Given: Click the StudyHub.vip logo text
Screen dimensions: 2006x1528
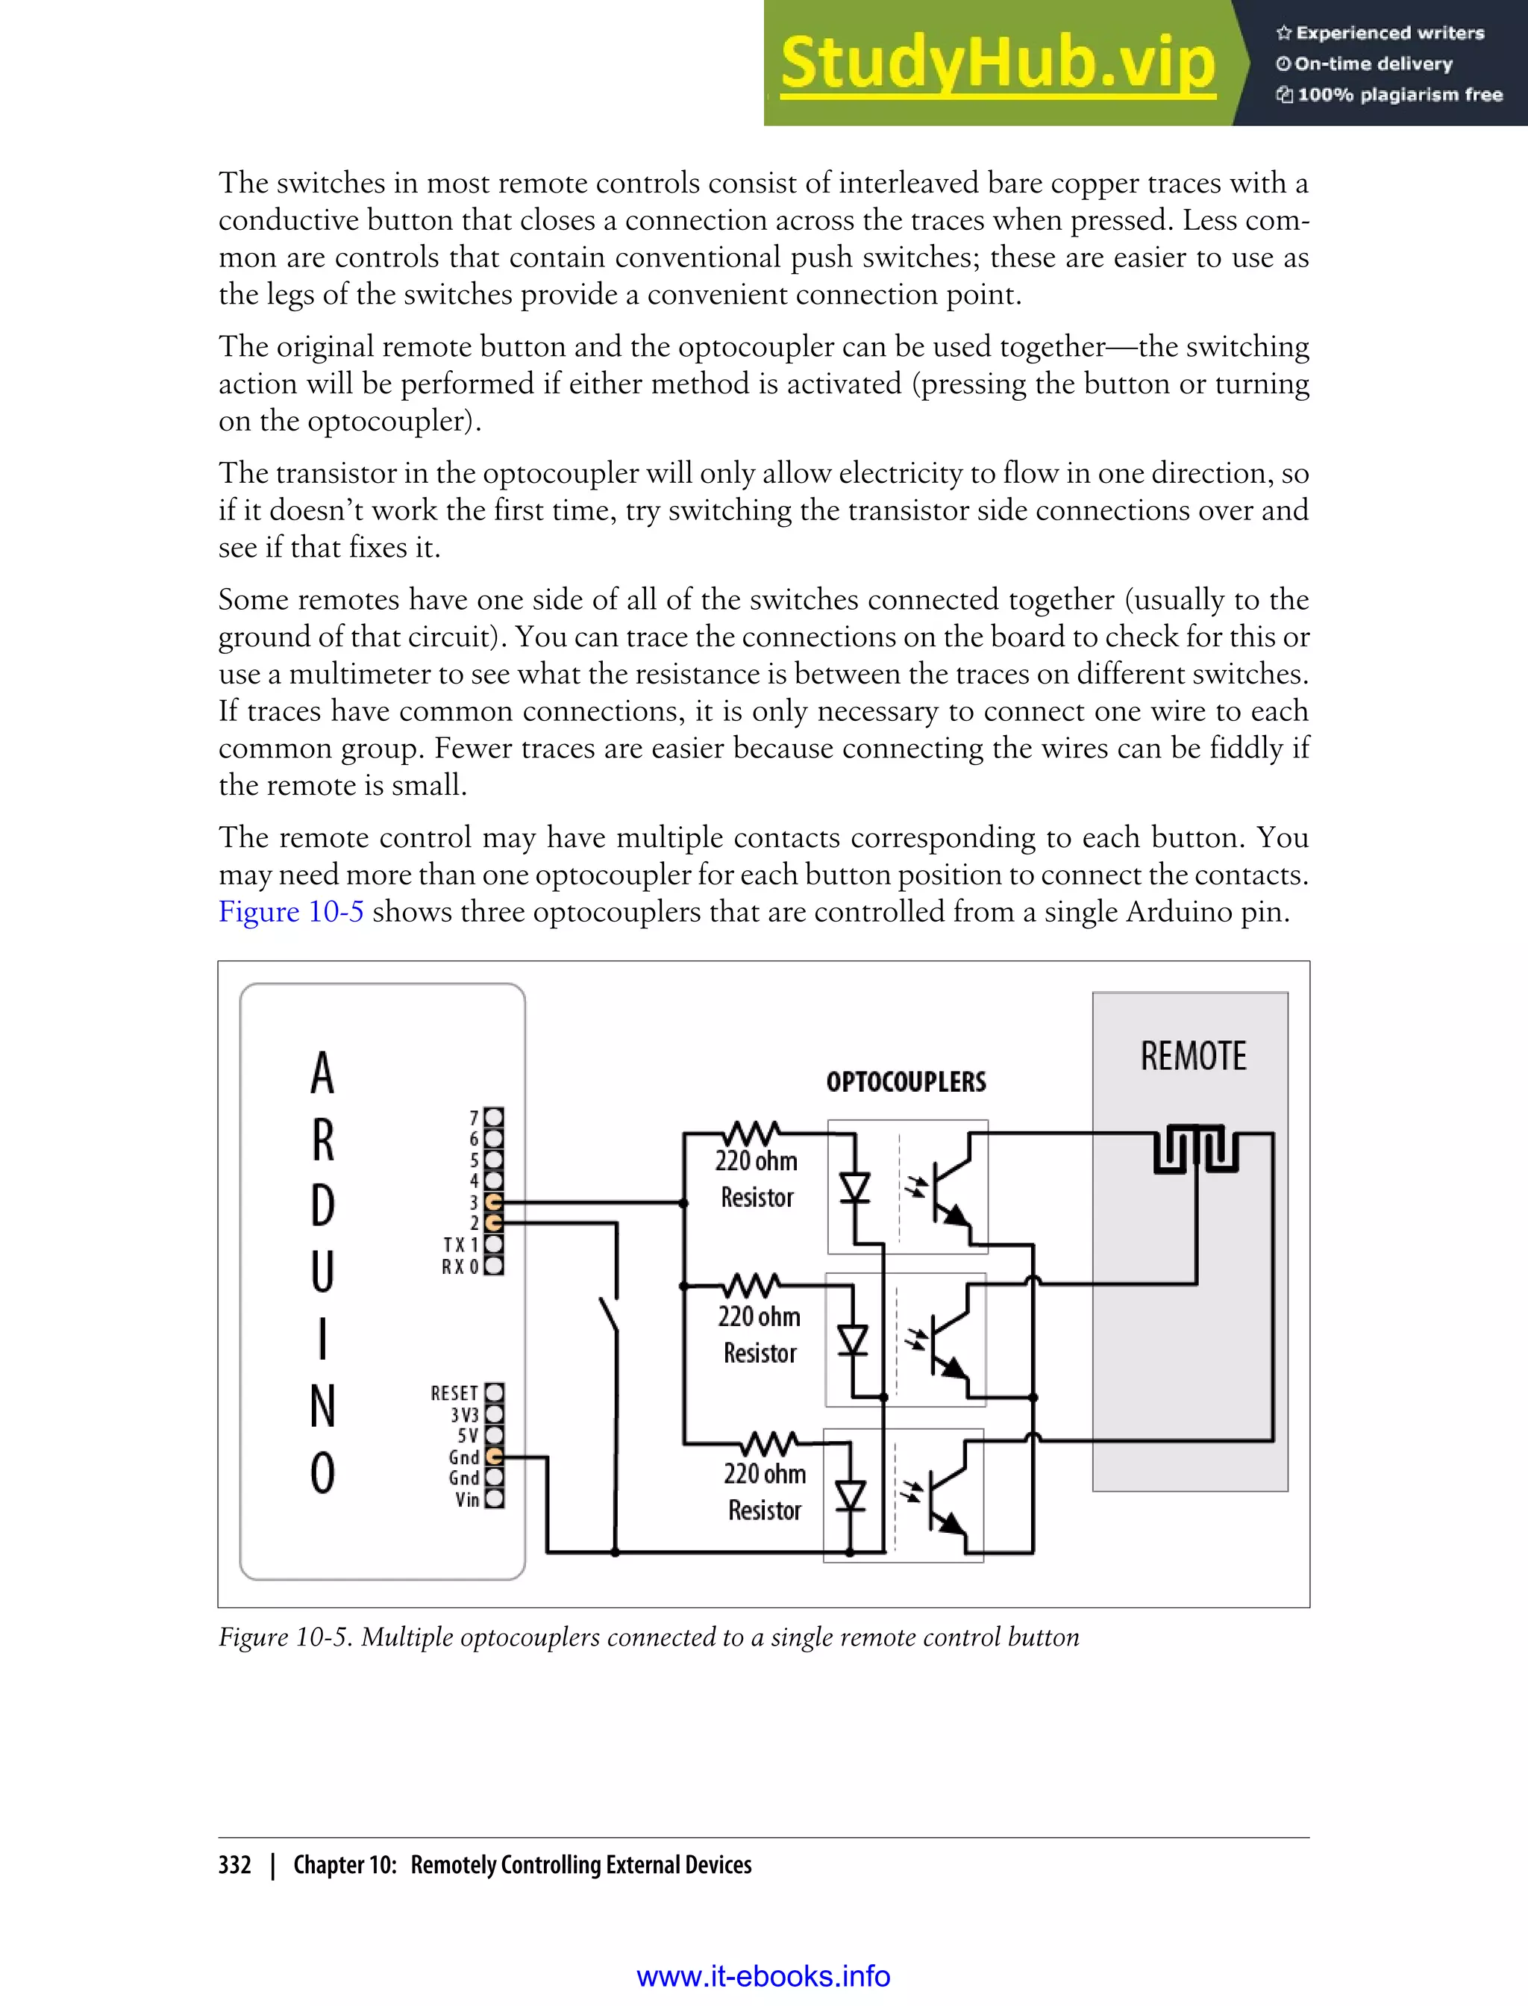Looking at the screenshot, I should [x=998, y=63].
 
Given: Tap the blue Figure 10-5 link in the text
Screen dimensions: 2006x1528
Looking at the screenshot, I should [x=291, y=911].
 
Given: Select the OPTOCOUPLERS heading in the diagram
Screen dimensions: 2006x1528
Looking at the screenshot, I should [x=906, y=1081].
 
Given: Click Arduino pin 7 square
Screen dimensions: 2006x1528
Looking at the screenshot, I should [x=494, y=1117].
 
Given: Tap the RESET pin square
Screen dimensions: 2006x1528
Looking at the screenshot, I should [x=494, y=1393].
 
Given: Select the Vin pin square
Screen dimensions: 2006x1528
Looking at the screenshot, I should [x=494, y=1499].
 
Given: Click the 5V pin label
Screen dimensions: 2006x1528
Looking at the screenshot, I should [x=468, y=1436].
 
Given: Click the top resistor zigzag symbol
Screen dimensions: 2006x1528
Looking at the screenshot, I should [x=751, y=1134].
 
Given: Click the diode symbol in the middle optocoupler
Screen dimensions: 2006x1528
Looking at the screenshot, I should [x=852, y=1341].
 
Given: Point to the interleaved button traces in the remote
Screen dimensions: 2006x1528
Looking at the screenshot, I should [x=1196, y=1150].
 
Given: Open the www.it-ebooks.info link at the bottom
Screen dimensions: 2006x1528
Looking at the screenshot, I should [x=763, y=1976].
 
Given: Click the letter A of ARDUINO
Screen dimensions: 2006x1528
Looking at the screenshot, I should [x=322, y=1072].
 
